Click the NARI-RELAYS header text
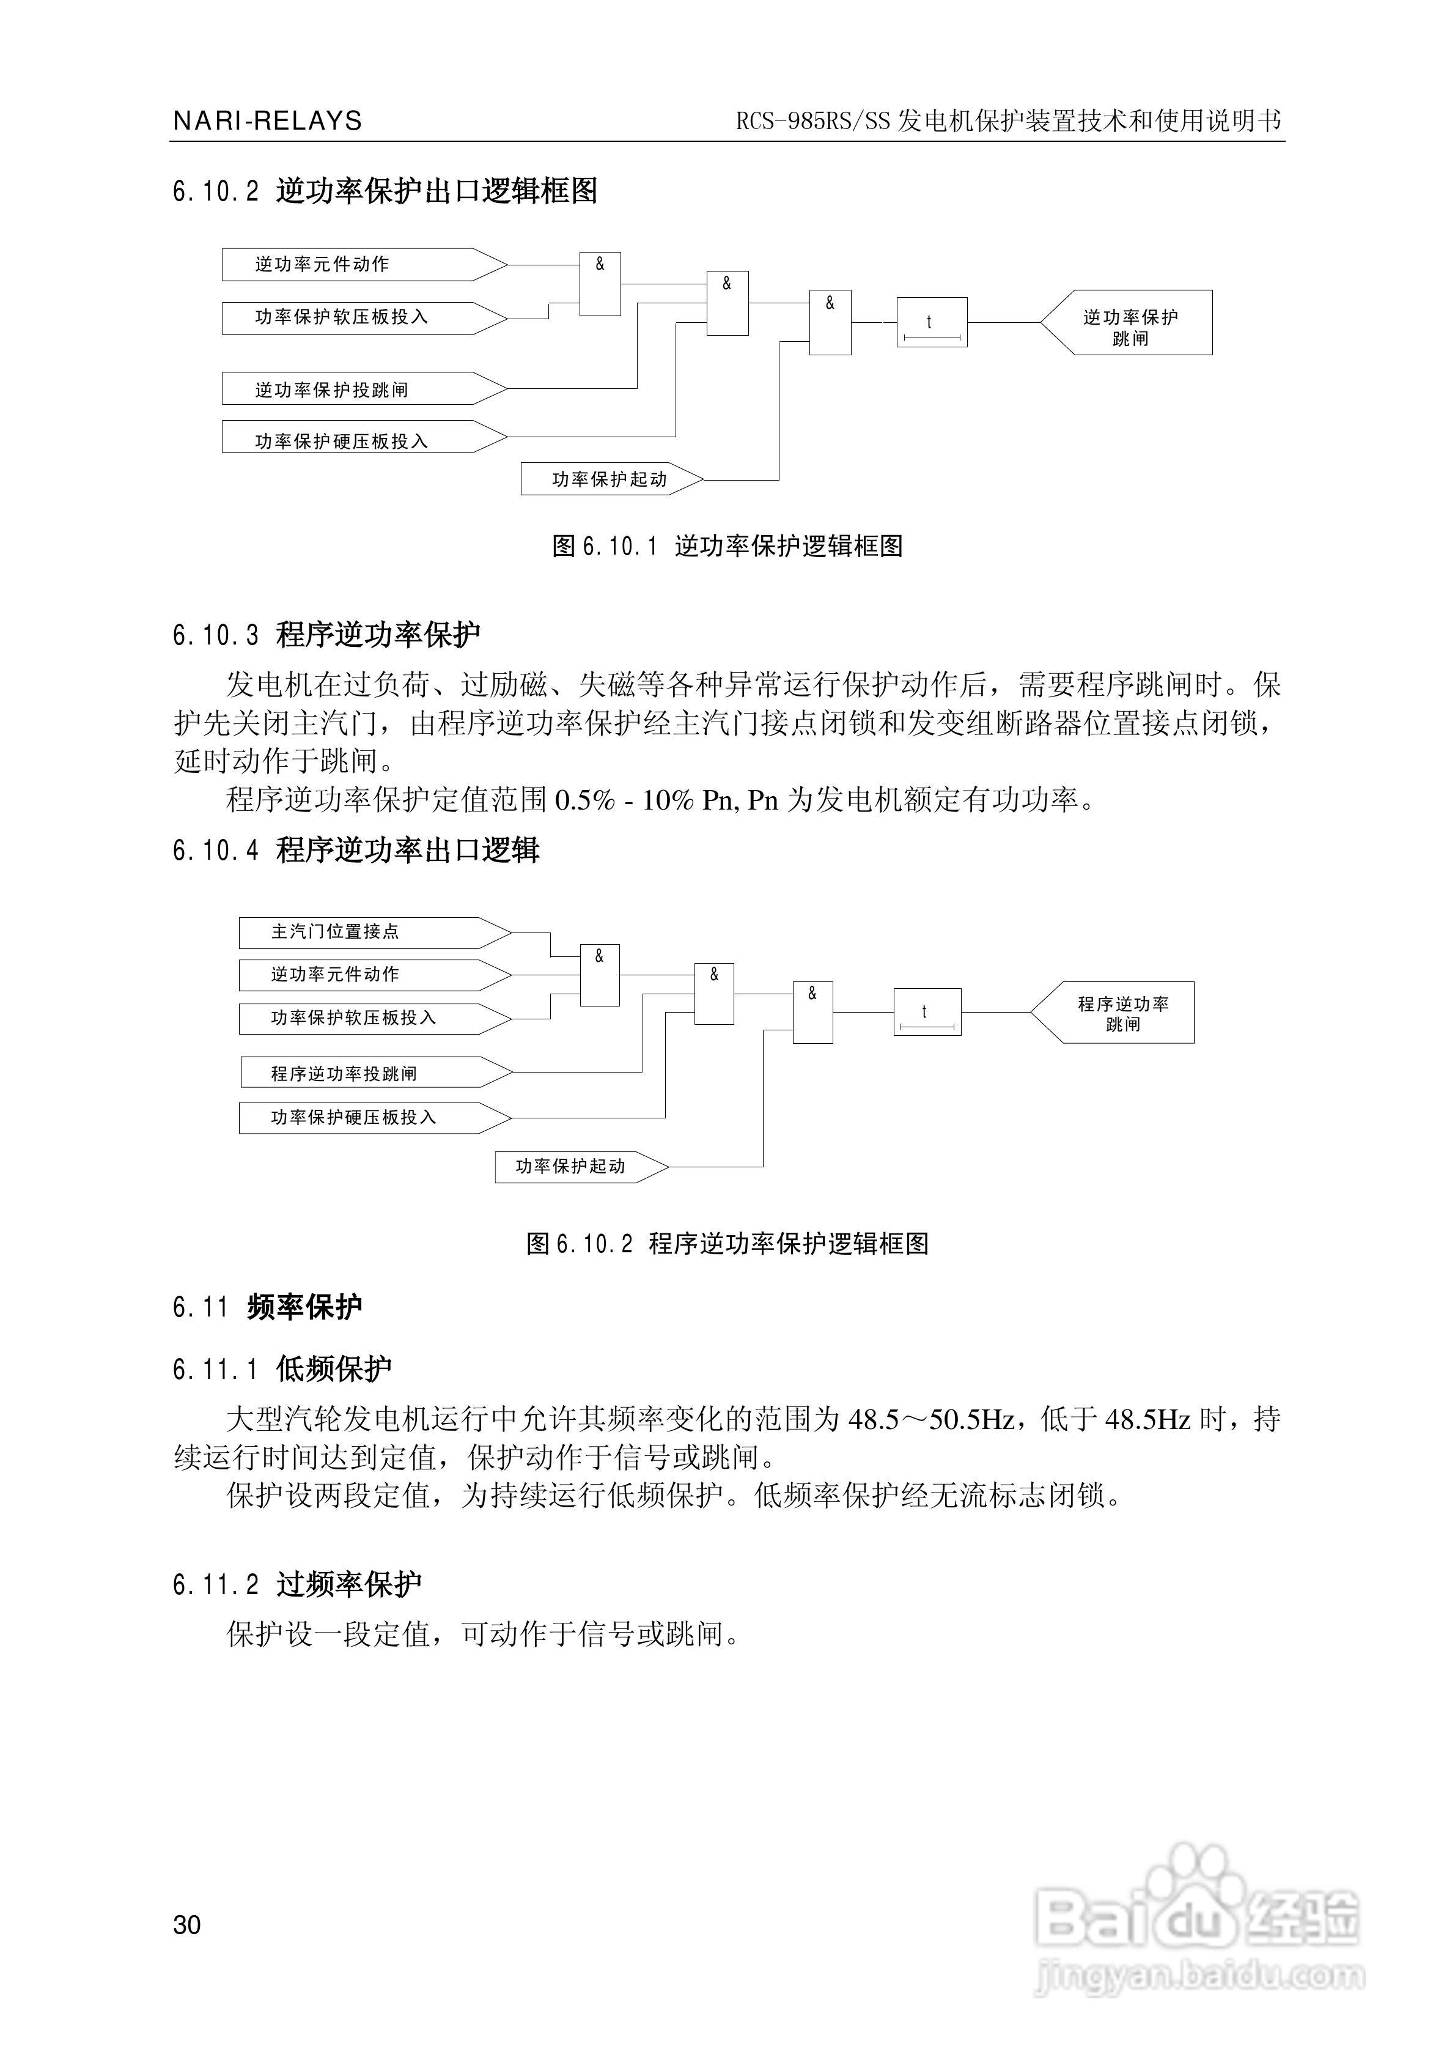point(267,121)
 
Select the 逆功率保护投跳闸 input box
point(364,389)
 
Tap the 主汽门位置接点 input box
point(375,932)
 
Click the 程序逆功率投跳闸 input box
point(377,1073)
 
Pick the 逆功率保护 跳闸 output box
point(1126,322)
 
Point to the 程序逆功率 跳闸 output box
point(1112,1013)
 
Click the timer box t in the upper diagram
point(932,322)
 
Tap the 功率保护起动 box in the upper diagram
point(613,479)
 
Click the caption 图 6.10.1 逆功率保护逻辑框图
point(727,545)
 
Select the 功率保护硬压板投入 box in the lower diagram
point(375,1117)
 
